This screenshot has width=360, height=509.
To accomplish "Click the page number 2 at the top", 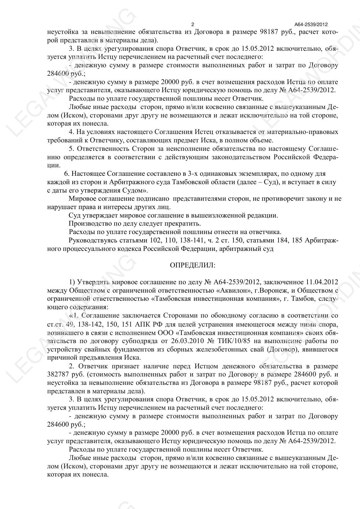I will (x=193, y=24).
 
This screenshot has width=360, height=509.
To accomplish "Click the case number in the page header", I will (x=311, y=25).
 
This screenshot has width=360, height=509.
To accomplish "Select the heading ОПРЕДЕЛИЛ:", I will (x=192, y=265).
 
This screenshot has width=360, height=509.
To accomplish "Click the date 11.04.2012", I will (x=322, y=282).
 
